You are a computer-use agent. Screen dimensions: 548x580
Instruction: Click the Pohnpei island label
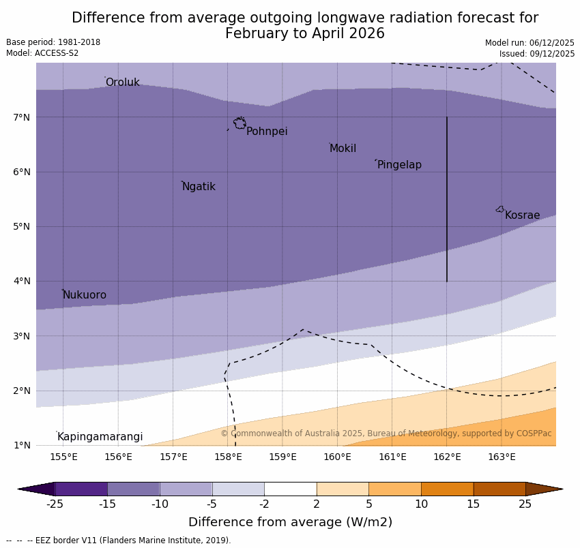pyautogui.click(x=267, y=132)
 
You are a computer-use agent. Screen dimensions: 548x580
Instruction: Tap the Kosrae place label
pyautogui.click(x=522, y=215)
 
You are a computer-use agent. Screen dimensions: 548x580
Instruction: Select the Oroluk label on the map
pyautogui.click(x=122, y=82)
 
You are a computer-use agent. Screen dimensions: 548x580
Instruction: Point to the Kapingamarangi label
pyautogui.click(x=100, y=437)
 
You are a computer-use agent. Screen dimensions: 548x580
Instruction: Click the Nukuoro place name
pyautogui.click(x=85, y=295)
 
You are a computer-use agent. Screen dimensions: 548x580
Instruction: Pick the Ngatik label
pyautogui.click(x=199, y=187)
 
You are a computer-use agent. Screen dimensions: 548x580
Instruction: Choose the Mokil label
pyautogui.click(x=343, y=149)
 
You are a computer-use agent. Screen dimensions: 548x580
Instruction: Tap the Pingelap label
pyautogui.click(x=399, y=165)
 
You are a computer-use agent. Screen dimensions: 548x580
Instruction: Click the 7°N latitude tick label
pyautogui.click(x=22, y=117)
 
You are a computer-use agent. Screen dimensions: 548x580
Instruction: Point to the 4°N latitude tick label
pyautogui.click(x=22, y=281)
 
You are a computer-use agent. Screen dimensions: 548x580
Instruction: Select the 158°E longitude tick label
pyautogui.click(x=228, y=457)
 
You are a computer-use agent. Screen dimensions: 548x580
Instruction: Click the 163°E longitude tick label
pyautogui.click(x=502, y=457)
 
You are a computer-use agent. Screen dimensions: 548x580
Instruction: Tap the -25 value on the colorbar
pyautogui.click(x=55, y=504)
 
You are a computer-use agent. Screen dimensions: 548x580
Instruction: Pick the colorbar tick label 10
pyautogui.click(x=421, y=504)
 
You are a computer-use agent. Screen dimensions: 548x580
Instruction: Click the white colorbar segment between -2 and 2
pyautogui.click(x=290, y=489)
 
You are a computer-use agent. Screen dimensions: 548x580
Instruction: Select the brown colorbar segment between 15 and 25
pyautogui.click(x=499, y=489)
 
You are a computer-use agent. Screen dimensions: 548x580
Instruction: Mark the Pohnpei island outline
pyautogui.click(x=240, y=123)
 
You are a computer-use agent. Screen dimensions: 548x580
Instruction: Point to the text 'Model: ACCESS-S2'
pyautogui.click(x=42, y=53)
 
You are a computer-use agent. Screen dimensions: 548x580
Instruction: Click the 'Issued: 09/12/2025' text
pyautogui.click(x=536, y=54)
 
